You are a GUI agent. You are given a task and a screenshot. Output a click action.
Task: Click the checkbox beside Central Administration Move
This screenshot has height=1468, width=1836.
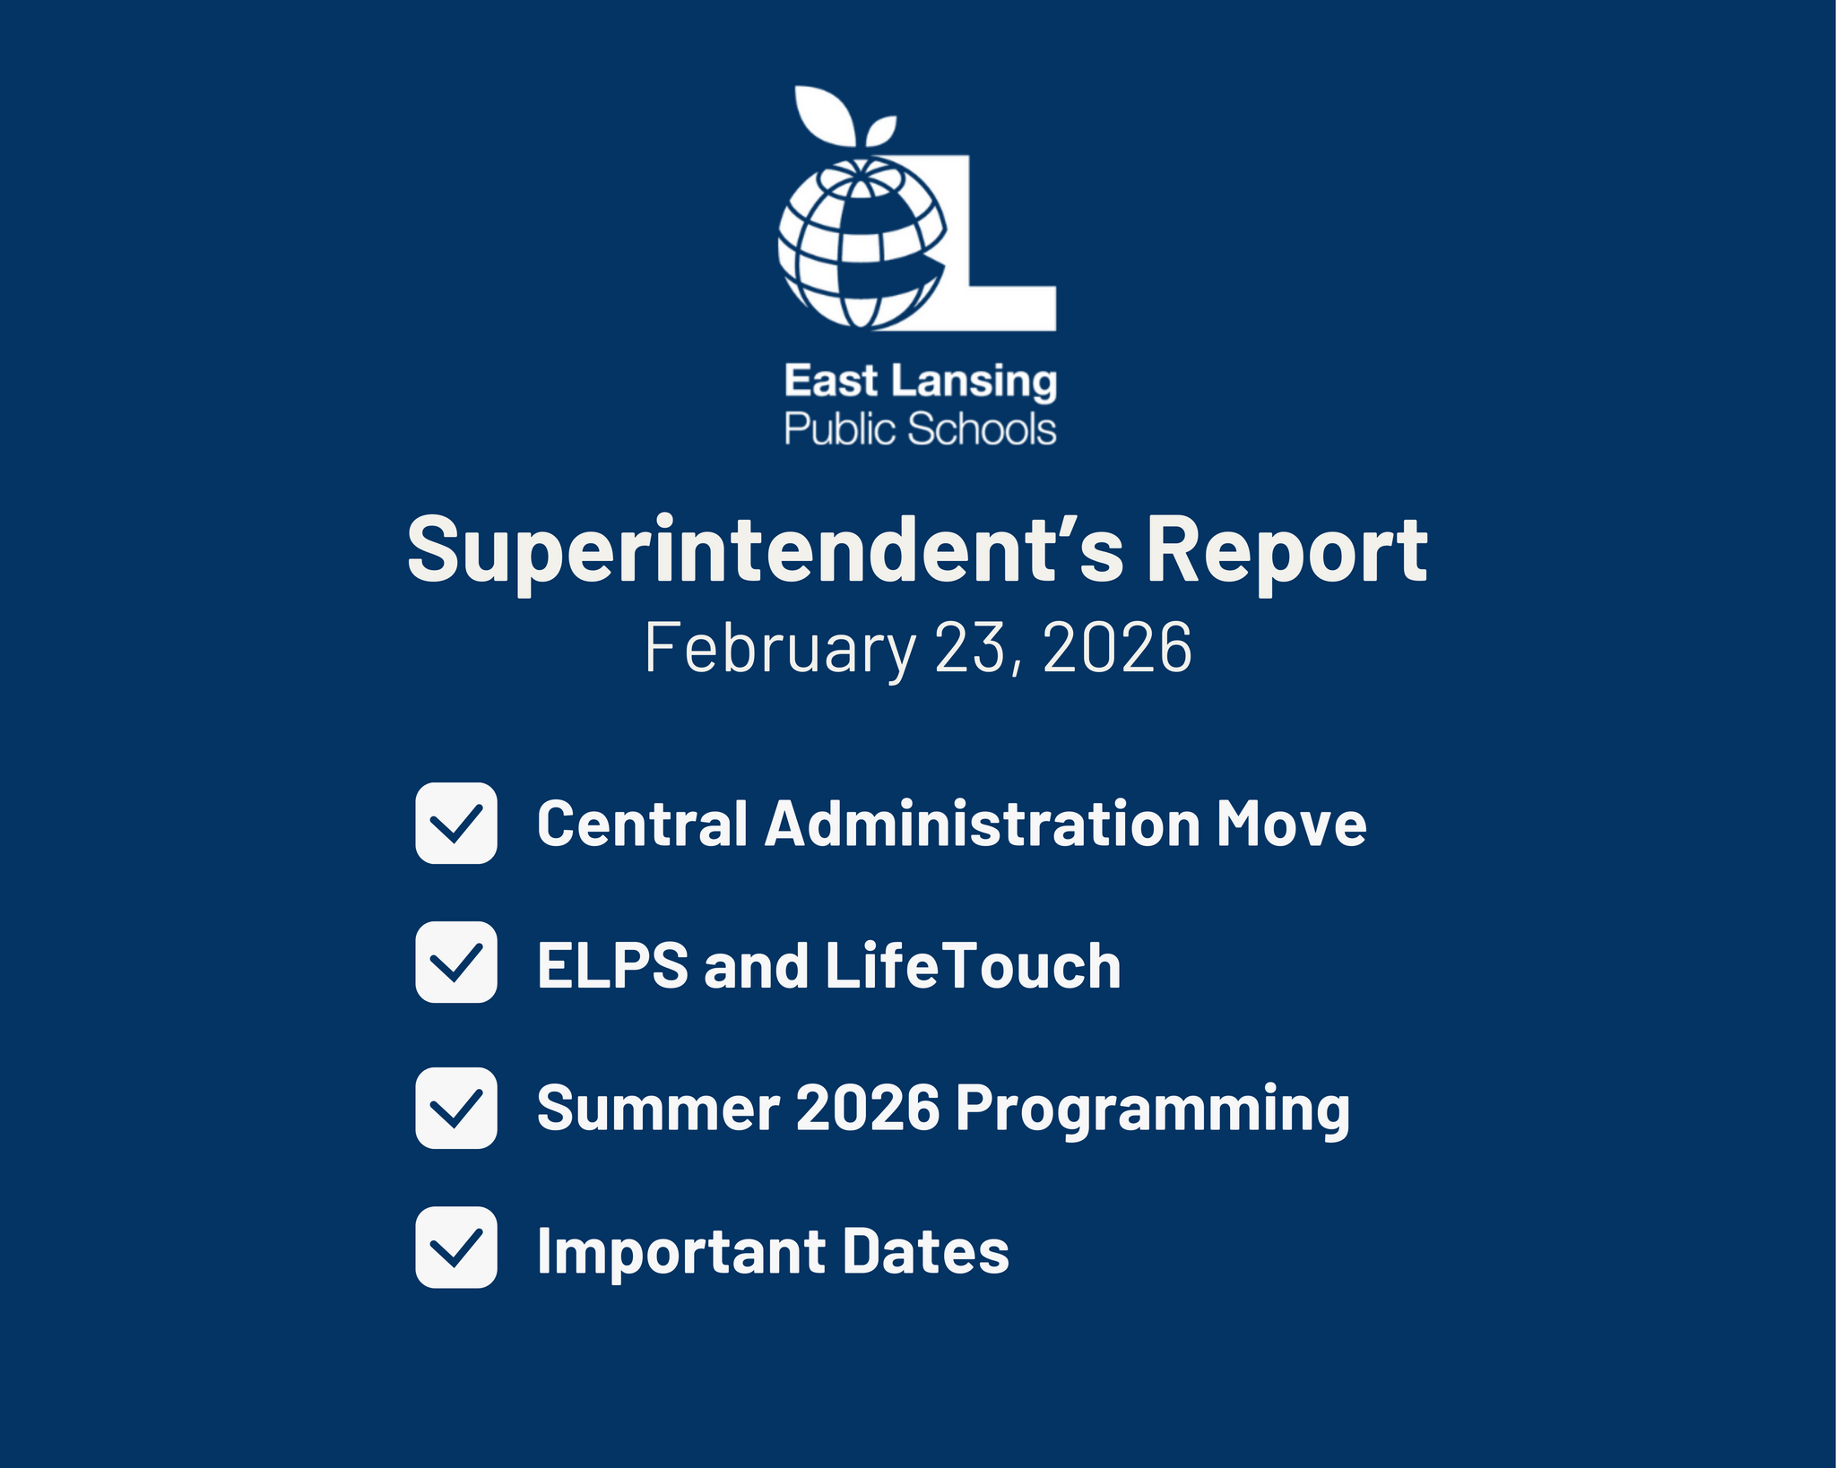[455, 823]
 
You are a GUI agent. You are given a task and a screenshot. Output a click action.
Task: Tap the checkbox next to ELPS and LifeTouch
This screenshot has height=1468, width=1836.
[455, 962]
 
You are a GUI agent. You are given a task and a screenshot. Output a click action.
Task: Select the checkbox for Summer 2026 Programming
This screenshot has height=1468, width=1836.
[455, 1108]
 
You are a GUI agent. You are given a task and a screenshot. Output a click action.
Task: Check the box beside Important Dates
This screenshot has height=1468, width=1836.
[455, 1247]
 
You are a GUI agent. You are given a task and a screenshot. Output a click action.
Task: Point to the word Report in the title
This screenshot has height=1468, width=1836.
[1286, 552]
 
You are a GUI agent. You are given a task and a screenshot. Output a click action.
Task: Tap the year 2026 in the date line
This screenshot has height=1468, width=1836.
[1117, 648]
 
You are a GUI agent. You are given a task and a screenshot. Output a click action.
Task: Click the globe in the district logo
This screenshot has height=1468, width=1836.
[861, 244]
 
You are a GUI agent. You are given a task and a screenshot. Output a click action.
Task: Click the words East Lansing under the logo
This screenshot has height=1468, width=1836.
[920, 382]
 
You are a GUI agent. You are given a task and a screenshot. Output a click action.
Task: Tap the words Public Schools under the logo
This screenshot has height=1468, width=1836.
[920, 429]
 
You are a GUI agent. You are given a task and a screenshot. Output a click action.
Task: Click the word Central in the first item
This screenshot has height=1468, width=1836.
[642, 823]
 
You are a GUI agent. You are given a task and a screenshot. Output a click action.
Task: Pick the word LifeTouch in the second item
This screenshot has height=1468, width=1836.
[972, 965]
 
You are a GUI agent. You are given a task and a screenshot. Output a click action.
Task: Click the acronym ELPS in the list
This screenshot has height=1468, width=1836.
[612, 965]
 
